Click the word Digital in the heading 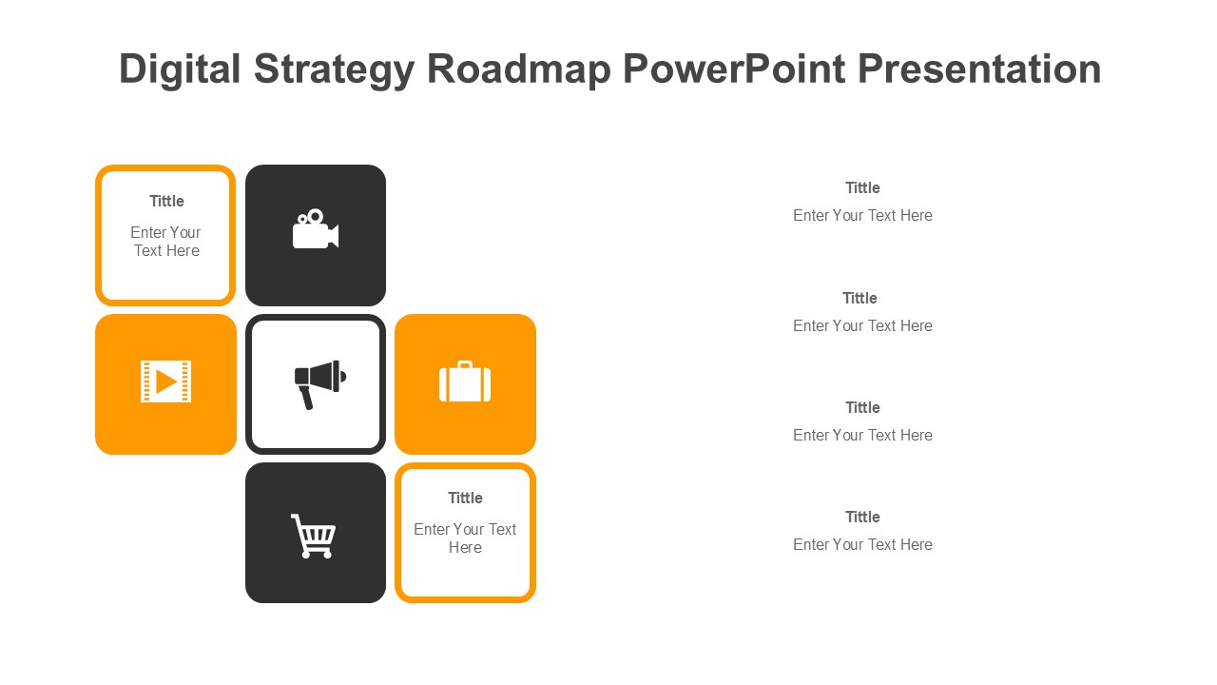pyautogui.click(x=179, y=69)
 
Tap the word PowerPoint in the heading pyautogui.click(x=735, y=69)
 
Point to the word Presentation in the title pyautogui.click(x=979, y=69)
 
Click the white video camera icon pyautogui.click(x=315, y=231)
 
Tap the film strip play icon pyautogui.click(x=165, y=382)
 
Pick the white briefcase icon pyautogui.click(x=465, y=382)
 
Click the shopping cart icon pyautogui.click(x=314, y=536)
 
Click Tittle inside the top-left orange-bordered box pyautogui.click(x=166, y=201)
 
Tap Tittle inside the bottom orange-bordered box pyautogui.click(x=465, y=498)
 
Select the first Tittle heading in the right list pyautogui.click(x=862, y=187)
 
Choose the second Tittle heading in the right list pyautogui.click(x=860, y=298)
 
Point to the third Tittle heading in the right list pyautogui.click(x=862, y=407)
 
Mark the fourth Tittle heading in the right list pyautogui.click(x=862, y=517)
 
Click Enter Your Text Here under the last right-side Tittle pyautogui.click(x=862, y=544)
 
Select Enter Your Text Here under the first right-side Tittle pyautogui.click(x=862, y=215)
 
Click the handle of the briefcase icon pyautogui.click(x=465, y=365)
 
